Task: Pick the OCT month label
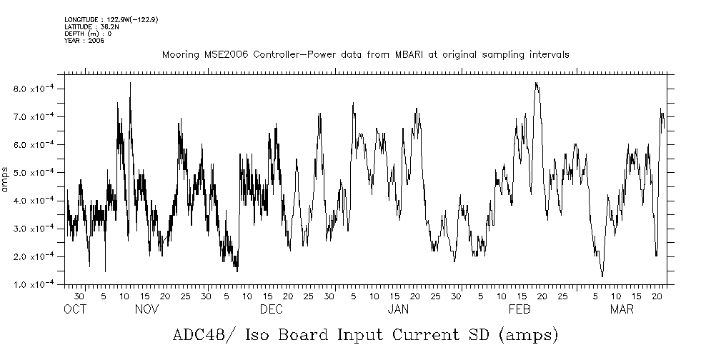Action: coord(75,309)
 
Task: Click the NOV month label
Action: coord(146,309)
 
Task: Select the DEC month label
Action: coord(271,309)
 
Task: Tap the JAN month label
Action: coord(398,309)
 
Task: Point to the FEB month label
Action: coord(519,309)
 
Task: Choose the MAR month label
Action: coord(622,309)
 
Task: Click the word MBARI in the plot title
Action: coord(412,55)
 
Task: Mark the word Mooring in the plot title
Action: coord(179,55)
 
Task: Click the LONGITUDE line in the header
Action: coord(111,19)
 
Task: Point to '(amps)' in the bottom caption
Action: coord(525,335)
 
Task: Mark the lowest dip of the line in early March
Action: coord(602,276)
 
